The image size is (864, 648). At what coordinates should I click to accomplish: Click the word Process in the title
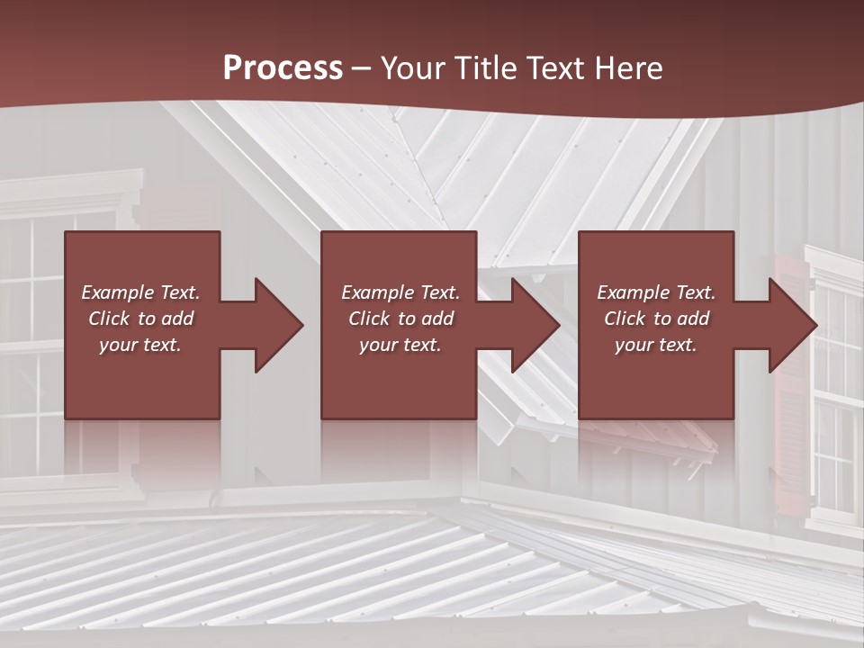pos(283,68)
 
